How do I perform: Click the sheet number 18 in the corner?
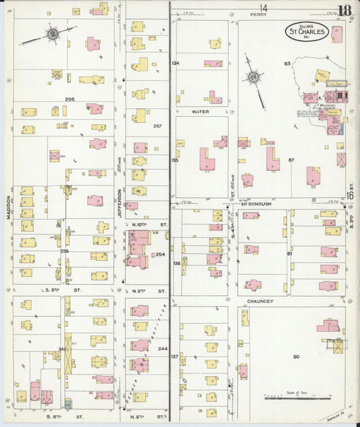pyautogui.click(x=344, y=10)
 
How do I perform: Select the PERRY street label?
pyautogui.click(x=259, y=14)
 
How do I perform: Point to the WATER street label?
pyautogui.click(x=200, y=111)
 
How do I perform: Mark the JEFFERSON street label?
pyautogui.click(x=118, y=218)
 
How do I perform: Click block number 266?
pyautogui.click(x=70, y=99)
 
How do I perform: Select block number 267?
pyautogui.click(x=157, y=126)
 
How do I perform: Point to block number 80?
pyautogui.click(x=296, y=356)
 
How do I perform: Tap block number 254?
pyautogui.click(x=160, y=255)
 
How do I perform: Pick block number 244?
pyautogui.click(x=162, y=349)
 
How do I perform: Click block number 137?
pyautogui.click(x=175, y=355)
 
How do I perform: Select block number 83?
pyautogui.click(x=287, y=64)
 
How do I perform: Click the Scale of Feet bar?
pyautogui.click(x=296, y=399)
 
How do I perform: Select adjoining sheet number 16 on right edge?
pyautogui.click(x=351, y=195)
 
